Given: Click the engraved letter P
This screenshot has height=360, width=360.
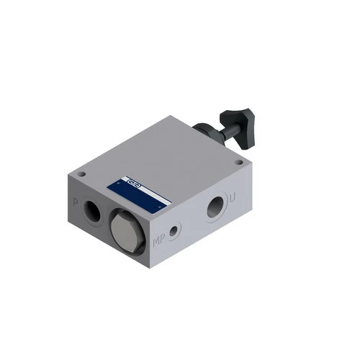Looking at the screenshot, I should click(x=75, y=202).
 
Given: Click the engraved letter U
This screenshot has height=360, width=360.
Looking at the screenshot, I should click(x=232, y=197).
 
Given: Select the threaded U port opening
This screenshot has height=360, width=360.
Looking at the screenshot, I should click(x=215, y=207).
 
